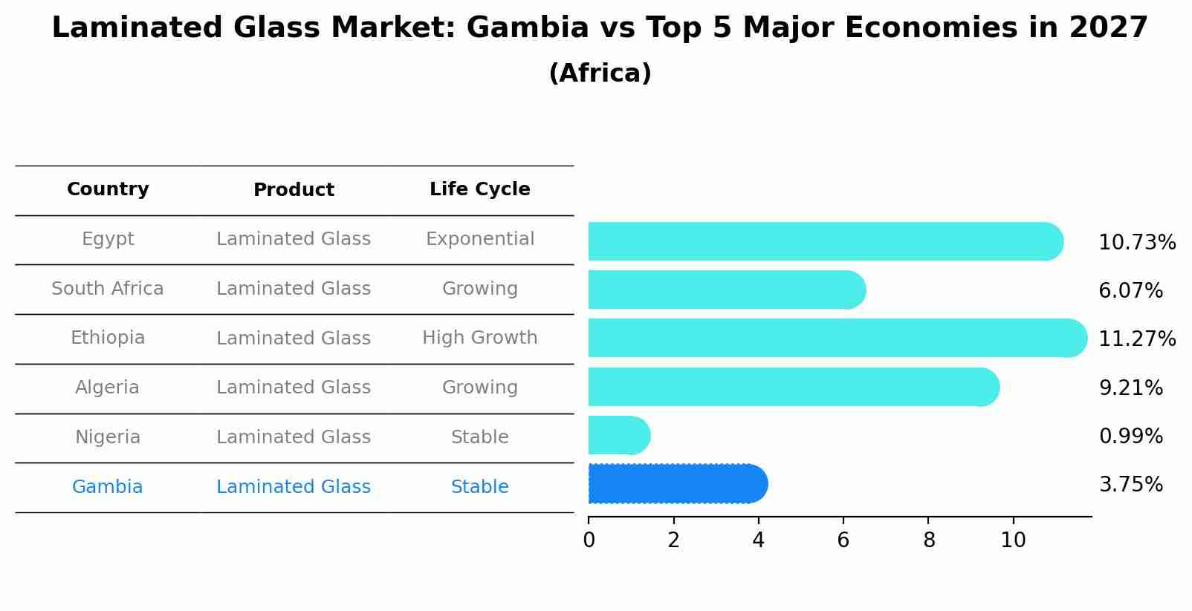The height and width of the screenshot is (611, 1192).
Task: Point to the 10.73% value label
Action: tap(1136, 243)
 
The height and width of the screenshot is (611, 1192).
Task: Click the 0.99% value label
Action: tap(1130, 436)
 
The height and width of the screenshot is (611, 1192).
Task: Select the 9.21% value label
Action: tap(1130, 388)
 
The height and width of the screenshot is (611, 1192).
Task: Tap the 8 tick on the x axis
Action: tap(928, 540)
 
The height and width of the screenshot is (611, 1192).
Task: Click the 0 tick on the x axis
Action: tap(589, 540)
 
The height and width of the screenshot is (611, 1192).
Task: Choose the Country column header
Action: tap(108, 189)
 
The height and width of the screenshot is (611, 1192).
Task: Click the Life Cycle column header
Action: tap(479, 189)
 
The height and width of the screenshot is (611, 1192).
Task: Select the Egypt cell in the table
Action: tap(108, 239)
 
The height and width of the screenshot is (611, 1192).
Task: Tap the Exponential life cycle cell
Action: tap(479, 239)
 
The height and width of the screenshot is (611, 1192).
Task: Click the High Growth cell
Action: tap(479, 338)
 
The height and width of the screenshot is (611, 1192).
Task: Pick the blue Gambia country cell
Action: tap(107, 487)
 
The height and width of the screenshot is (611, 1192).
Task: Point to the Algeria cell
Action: tap(107, 388)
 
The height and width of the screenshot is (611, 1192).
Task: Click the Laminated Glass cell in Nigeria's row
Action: tap(294, 437)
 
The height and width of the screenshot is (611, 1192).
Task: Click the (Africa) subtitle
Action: tap(600, 73)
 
